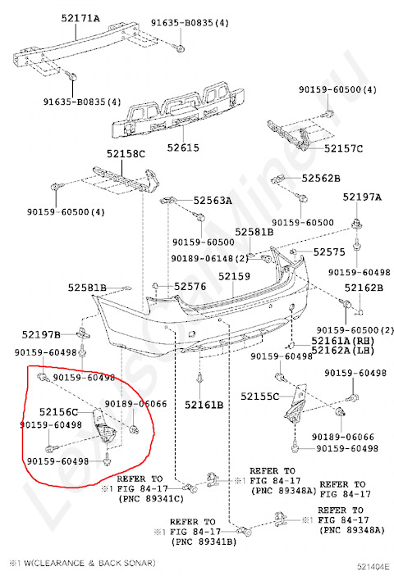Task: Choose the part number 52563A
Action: pyautogui.click(x=213, y=200)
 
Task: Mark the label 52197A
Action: pyautogui.click(x=362, y=197)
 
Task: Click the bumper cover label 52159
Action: pyautogui.click(x=234, y=277)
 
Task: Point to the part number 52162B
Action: pyautogui.click(x=363, y=288)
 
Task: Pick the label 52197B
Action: pyautogui.click(x=41, y=334)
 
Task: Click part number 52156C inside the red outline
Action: pyautogui.click(x=58, y=412)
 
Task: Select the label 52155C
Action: pyautogui.click(x=260, y=396)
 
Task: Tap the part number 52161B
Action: pyautogui.click(x=204, y=404)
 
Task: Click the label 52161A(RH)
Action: pyautogui.click(x=341, y=340)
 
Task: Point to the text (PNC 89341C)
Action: pyautogui.click(x=150, y=498)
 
